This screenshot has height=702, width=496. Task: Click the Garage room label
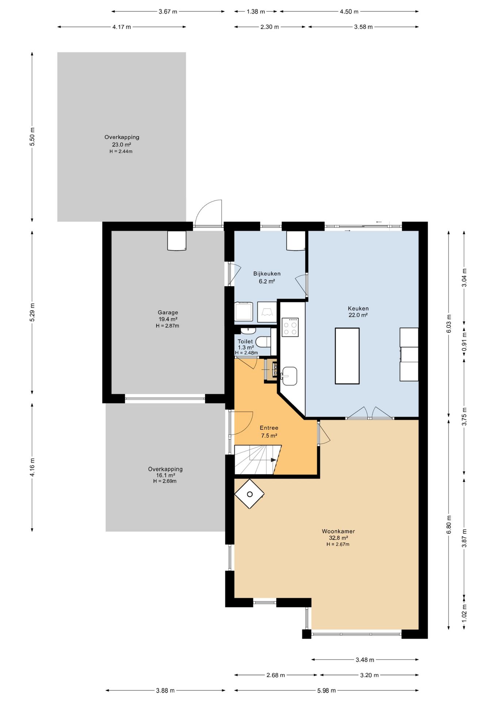pos(168,313)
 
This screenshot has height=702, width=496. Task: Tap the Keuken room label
pos(358,308)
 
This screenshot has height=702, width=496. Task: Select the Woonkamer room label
pos(338,531)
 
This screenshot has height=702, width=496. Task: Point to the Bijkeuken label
pos(267,273)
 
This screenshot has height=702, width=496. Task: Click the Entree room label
pos(269,428)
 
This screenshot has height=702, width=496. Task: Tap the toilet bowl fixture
pos(263,341)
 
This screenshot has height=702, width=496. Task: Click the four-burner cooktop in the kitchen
pos(290,327)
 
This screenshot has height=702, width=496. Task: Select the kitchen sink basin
pos(289,376)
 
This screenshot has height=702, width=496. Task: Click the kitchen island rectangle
pos(347,356)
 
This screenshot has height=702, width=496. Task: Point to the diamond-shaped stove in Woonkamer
pos(249,494)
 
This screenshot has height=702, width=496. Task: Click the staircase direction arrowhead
pos(274,460)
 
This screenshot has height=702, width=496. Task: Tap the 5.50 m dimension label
pos(32,137)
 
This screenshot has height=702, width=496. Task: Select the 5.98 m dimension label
pos(326,690)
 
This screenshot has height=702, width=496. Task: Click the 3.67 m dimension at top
pos(168,12)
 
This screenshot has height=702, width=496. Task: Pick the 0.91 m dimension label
pos(464,341)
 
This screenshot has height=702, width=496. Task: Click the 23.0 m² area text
pos(122,144)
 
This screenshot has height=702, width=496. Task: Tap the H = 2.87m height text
pos(168,326)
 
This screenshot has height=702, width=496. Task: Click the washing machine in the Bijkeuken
pos(244,312)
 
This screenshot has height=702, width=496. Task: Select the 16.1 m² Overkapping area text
pos(165,475)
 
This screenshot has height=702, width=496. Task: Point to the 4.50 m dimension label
pos(349,12)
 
